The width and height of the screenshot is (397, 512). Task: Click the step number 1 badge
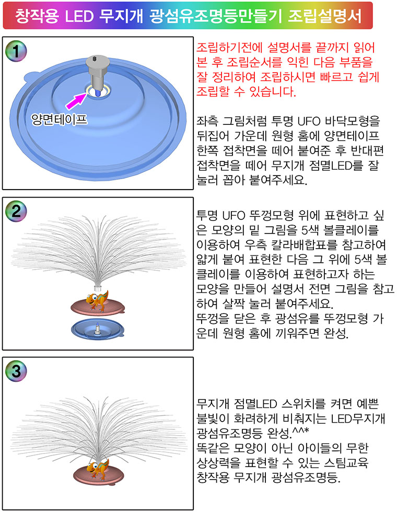coord(16,51)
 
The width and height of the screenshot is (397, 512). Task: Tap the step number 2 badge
coord(16,211)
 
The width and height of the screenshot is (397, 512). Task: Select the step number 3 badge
coord(16,371)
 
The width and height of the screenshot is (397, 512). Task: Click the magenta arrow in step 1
coord(77,100)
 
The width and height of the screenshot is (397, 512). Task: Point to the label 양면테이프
coord(60,120)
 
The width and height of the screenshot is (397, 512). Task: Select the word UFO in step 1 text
coord(309,121)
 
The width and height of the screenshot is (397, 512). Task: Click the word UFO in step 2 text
coord(234,215)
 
